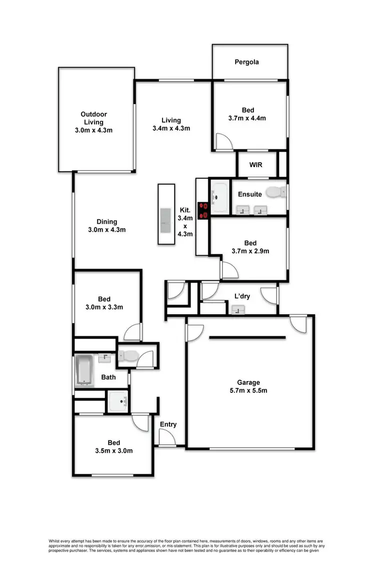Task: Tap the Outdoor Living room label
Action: (94, 122)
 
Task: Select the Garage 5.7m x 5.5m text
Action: (248, 386)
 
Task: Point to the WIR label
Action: (256, 165)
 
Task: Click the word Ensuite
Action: (249, 194)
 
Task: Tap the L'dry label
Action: (242, 296)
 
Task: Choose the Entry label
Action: (168, 424)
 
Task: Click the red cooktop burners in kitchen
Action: (203, 210)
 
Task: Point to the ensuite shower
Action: (218, 197)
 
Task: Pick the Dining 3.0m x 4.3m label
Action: (107, 226)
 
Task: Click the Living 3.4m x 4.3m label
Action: (171, 124)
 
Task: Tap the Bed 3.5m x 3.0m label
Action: (113, 446)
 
